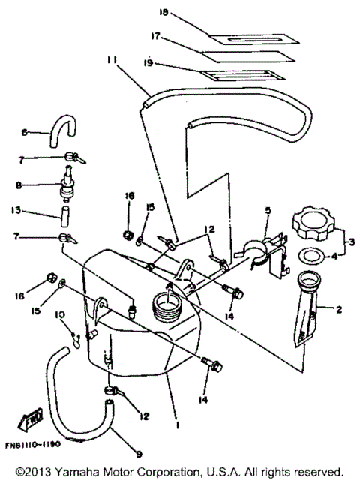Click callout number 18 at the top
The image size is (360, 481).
pos(165,13)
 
